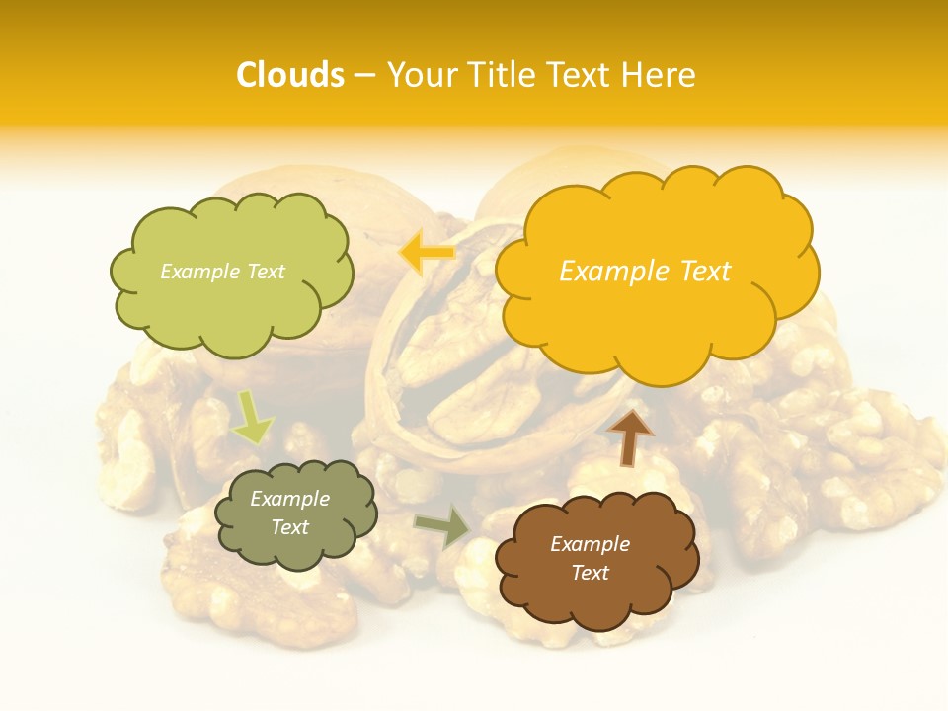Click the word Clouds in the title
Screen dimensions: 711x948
(290, 75)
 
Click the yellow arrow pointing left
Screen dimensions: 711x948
(427, 253)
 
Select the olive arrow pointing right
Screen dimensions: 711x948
(441, 527)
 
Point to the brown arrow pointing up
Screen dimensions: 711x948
(629, 437)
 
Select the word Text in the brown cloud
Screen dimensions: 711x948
(590, 573)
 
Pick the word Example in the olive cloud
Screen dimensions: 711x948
(289, 499)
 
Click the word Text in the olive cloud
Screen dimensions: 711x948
(289, 527)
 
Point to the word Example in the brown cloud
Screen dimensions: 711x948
(590, 544)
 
